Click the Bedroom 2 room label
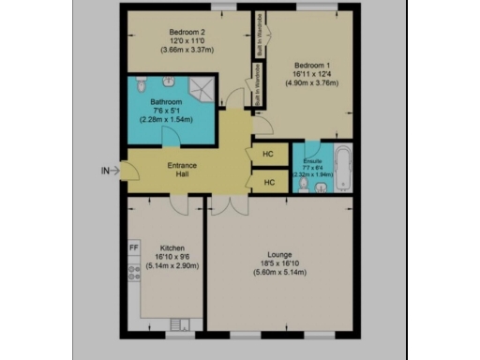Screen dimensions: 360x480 click(x=186, y=32)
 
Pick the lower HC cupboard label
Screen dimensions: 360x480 click(x=267, y=183)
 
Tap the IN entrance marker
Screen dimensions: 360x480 click(x=106, y=171)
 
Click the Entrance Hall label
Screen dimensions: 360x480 click(x=182, y=171)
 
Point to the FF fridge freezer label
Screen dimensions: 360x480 click(x=134, y=248)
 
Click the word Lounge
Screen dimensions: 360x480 click(x=279, y=254)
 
